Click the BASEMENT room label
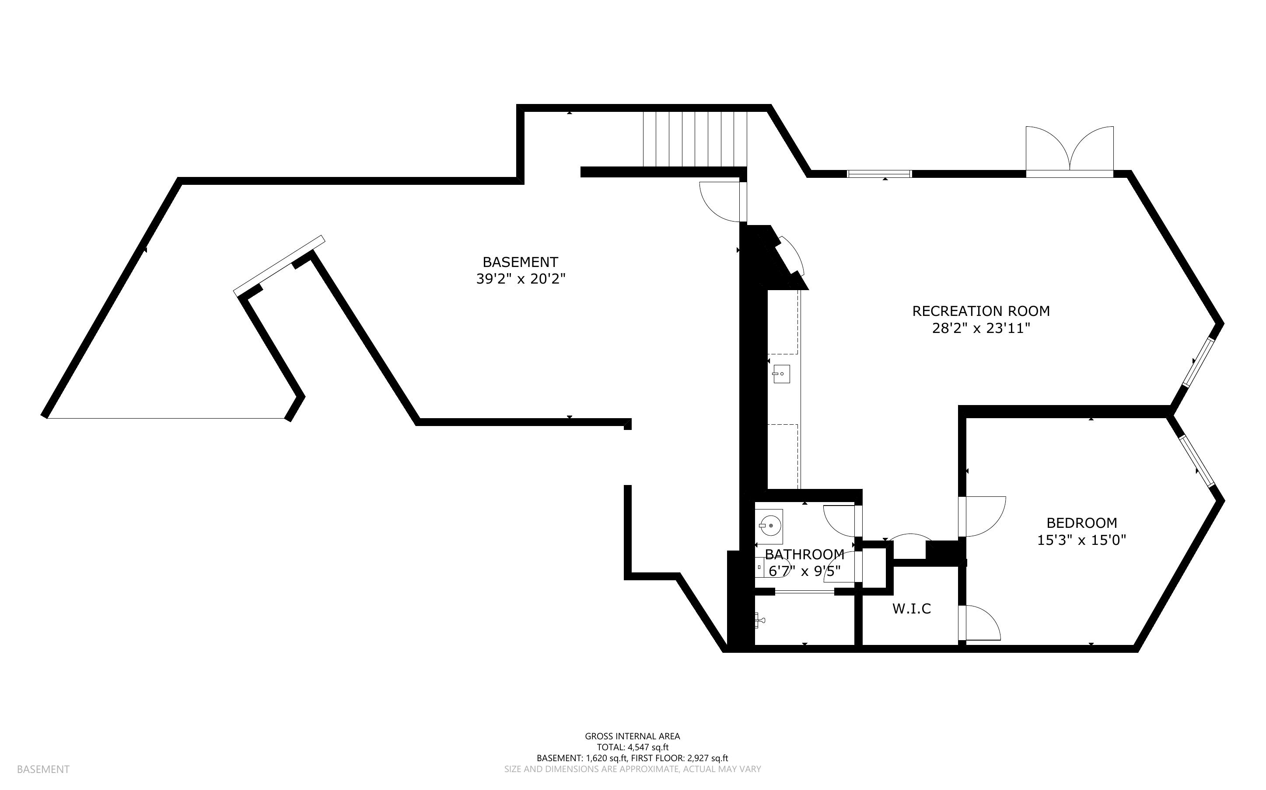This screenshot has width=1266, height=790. pos(520,262)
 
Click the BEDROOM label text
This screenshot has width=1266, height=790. pos(1082,523)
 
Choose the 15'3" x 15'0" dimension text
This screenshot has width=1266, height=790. pos(1081,540)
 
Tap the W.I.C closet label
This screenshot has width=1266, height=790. pos(912,609)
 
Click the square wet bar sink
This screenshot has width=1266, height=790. pos(781,374)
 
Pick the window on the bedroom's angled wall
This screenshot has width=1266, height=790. pos(1197,461)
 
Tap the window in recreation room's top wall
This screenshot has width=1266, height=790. pos(880,174)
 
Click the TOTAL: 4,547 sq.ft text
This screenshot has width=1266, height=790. pos(633,747)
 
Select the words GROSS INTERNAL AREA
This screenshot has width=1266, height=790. pos(632,736)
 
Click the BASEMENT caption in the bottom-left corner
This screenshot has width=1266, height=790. pos(43,769)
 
